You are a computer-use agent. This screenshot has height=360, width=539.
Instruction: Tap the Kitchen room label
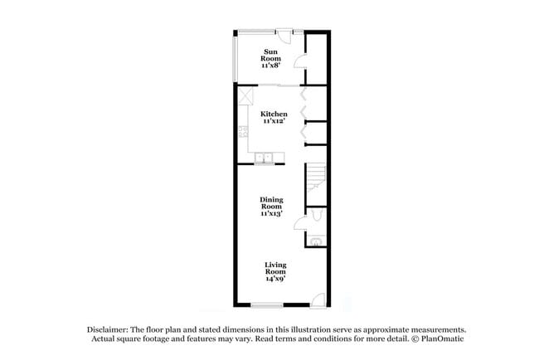click(274, 114)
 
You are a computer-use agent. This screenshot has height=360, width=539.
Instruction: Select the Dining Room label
click(272, 203)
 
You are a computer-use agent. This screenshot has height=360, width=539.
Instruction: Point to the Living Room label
click(275, 268)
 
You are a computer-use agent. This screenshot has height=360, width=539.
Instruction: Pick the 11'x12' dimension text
click(274, 122)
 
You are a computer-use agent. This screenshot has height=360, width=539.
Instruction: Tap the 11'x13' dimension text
click(272, 213)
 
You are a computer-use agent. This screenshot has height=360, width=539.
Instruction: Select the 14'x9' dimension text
click(275, 279)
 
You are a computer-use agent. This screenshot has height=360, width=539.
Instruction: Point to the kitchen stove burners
click(242, 130)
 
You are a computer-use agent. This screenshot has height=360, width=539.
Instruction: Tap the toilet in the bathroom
click(317, 218)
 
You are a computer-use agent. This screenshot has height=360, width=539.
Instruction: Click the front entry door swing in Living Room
click(316, 299)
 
